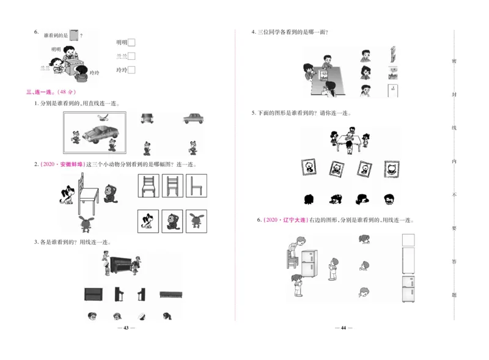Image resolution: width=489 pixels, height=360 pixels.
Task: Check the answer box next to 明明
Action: pyautogui.click(x=131, y=42)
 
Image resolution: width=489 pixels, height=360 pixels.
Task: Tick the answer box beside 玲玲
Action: pyautogui.click(x=131, y=70)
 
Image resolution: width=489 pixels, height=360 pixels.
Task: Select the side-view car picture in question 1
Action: pyautogui.click(x=193, y=118)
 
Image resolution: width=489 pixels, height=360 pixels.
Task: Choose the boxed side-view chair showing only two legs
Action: pyautogui.click(x=196, y=186)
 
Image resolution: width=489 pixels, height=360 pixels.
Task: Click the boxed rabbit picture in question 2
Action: pyautogui.click(x=196, y=220)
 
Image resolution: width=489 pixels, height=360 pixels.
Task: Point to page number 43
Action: pyautogui.click(x=125, y=328)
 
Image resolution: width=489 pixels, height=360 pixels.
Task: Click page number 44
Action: pyautogui.click(x=343, y=328)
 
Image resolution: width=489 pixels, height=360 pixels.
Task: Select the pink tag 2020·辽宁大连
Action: pyautogui.click(x=282, y=220)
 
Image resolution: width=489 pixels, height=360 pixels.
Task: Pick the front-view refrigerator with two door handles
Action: pyautogui.click(x=408, y=288)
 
